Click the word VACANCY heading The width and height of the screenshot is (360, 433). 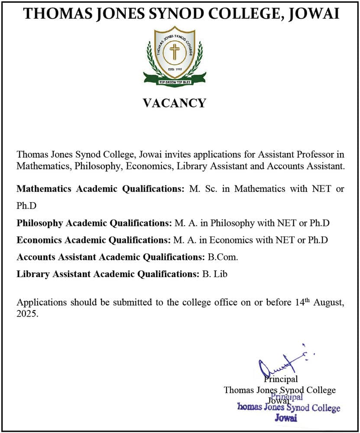pos(174,103)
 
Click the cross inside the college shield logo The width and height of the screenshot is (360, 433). pos(175,52)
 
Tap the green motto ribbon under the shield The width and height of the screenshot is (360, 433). pos(175,81)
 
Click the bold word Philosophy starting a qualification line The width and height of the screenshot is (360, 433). pos(39,223)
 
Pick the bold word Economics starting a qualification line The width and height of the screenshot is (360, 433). pos(38,240)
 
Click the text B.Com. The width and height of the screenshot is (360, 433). pos(223,257)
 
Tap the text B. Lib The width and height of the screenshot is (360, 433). pos(215,274)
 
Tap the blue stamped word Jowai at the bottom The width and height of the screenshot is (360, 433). pos(285,418)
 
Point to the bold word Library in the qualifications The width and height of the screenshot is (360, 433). pos(32,274)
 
